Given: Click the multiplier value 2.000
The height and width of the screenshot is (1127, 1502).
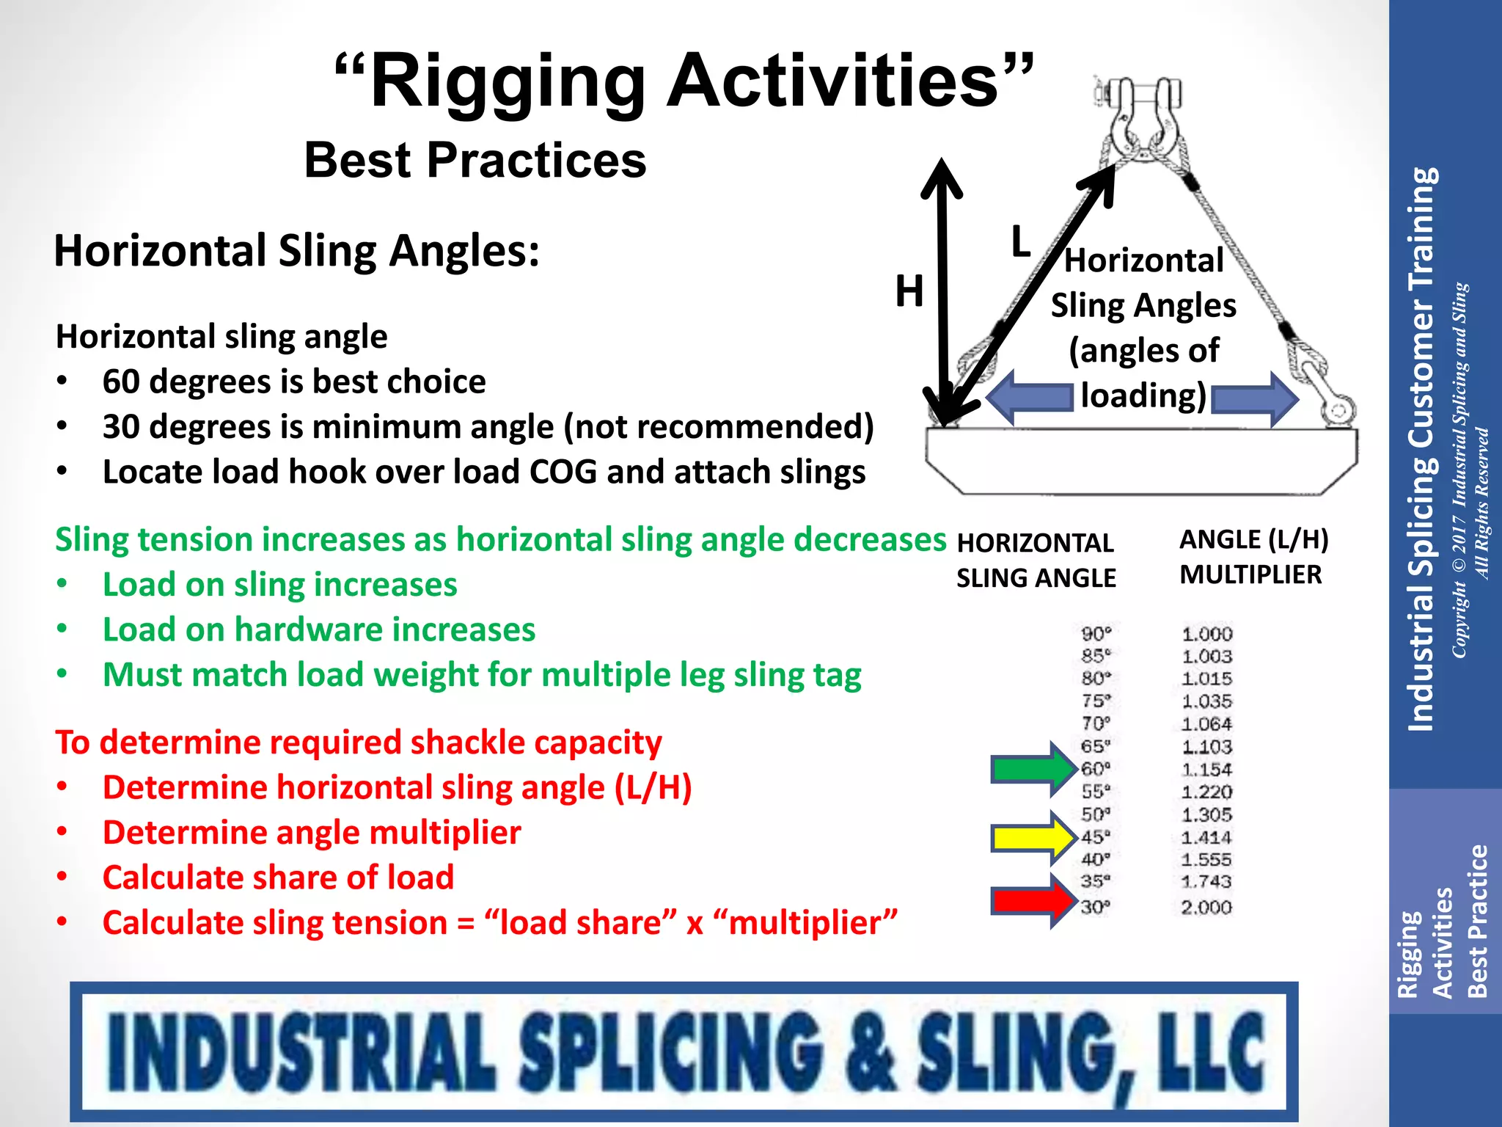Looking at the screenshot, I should click(1206, 908).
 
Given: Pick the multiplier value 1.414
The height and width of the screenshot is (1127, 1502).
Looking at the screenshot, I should click(1206, 837).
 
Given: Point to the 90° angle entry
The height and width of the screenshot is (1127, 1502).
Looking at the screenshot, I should click(1096, 633).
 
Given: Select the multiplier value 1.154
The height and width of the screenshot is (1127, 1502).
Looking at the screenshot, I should click(1206, 770).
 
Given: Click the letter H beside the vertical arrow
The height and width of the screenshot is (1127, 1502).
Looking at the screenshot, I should click(909, 291).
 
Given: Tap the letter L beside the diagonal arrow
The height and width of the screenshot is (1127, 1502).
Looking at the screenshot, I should click(1020, 241).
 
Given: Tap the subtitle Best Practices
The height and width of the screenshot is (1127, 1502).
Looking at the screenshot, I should click(475, 161).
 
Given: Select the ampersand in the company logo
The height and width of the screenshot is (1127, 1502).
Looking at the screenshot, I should click(870, 1051).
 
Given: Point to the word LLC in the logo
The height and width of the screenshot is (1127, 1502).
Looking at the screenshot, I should click(1211, 1051).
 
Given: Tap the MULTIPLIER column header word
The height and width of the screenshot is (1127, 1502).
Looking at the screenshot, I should click(1250, 575).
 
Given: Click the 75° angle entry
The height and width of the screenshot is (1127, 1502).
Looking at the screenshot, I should click(1096, 701).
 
